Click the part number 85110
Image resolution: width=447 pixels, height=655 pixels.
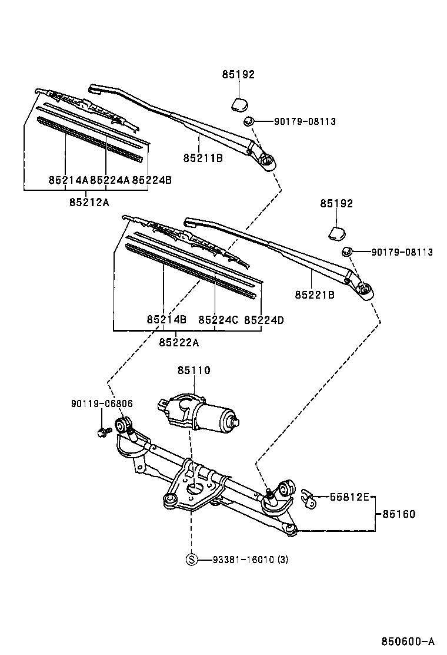(x=194, y=370)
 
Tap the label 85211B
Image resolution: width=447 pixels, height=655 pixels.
(x=202, y=158)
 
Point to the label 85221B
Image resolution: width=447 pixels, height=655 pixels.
(x=315, y=294)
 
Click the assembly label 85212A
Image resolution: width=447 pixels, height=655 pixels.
(x=89, y=202)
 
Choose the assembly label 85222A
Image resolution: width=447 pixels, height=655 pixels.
(x=178, y=342)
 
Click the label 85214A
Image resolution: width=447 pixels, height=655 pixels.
(x=68, y=180)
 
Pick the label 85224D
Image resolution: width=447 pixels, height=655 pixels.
(x=264, y=320)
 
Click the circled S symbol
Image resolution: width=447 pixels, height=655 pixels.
(x=192, y=560)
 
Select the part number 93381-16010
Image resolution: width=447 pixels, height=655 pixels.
(x=242, y=560)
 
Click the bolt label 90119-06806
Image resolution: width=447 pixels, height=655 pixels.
(x=102, y=403)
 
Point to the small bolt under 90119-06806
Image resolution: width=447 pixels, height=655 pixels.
(x=101, y=433)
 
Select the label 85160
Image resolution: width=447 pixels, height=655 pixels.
(x=399, y=514)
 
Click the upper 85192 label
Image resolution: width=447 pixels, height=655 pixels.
(x=238, y=75)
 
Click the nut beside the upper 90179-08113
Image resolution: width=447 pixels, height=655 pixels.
(x=248, y=121)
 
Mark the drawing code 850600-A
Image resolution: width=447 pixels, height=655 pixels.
(x=407, y=641)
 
